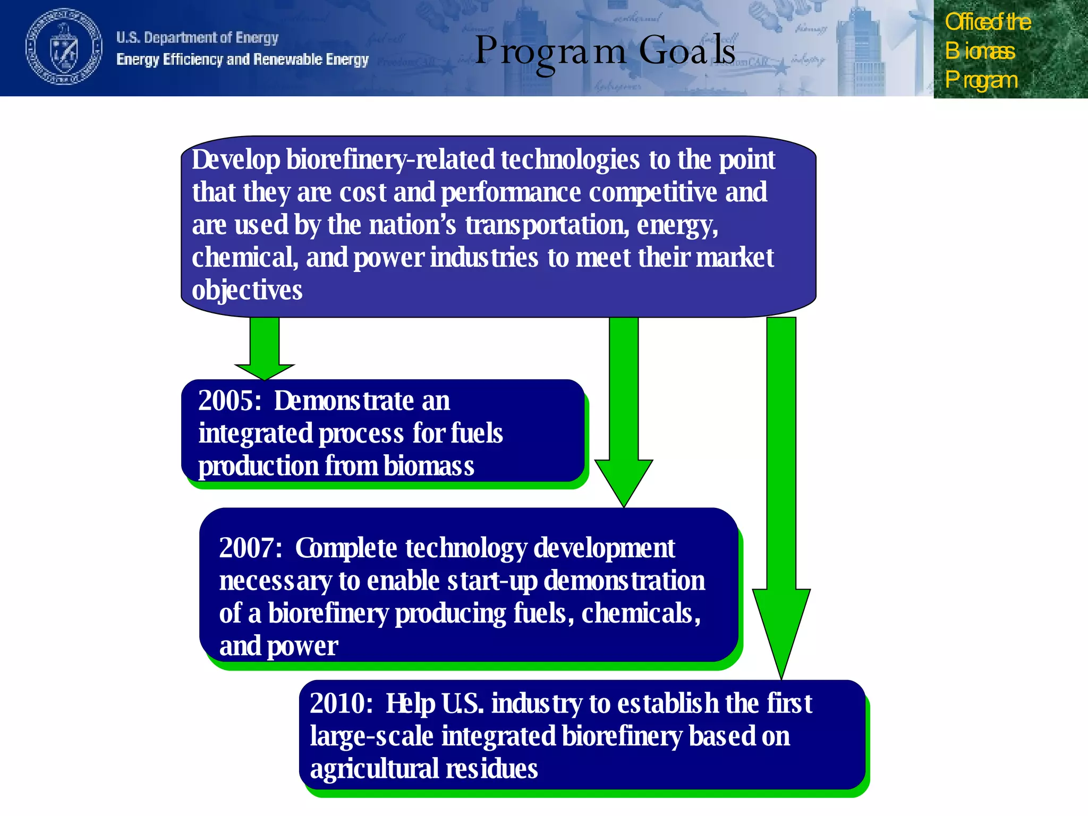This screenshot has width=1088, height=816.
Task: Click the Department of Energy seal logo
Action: click(x=64, y=47)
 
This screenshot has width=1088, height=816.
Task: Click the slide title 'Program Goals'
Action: click(x=605, y=51)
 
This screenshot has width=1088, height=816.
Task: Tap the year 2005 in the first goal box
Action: click(x=229, y=401)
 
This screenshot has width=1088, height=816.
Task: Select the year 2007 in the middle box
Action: click(x=250, y=548)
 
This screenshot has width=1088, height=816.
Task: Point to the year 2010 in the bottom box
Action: click(x=341, y=704)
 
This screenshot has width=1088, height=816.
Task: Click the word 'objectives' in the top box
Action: click(x=247, y=291)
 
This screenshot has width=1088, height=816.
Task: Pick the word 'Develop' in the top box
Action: click(x=236, y=160)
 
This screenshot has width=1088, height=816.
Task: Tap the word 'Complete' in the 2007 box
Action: click(x=346, y=548)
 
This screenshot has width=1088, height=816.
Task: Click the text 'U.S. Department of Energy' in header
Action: click(x=197, y=38)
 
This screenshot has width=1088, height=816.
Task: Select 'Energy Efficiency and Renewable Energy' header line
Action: click(x=242, y=59)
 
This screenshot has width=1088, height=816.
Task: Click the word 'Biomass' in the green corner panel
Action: click(x=980, y=52)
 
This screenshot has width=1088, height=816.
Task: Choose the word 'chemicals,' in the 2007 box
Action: click(x=641, y=614)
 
